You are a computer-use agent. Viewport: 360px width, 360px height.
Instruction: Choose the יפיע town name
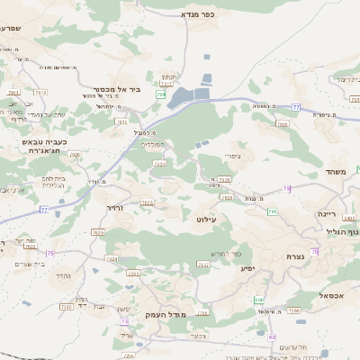pyautogui.click(x=247, y=268)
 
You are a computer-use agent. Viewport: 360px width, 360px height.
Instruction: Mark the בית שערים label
pyautogui.click(x=29, y=263)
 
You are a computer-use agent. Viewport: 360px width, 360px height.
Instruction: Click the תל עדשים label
pyautogui.click(x=292, y=347)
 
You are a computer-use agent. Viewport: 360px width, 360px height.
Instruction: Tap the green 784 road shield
pyautogui.click(x=161, y=94)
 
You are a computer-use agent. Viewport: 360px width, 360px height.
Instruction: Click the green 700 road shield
pyautogui.click(x=272, y=211)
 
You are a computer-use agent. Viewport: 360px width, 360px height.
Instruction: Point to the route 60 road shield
pyautogui.click(x=274, y=338)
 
